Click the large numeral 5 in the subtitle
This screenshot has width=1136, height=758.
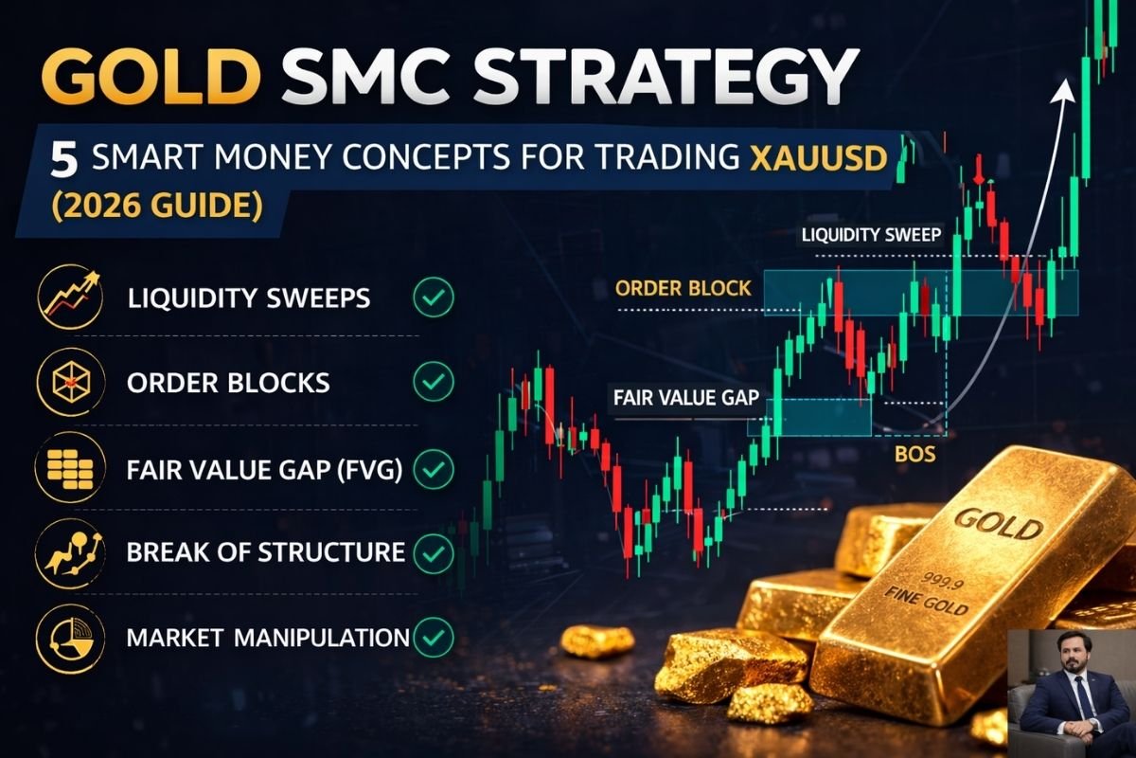63,160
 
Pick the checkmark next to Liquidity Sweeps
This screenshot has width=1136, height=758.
435,298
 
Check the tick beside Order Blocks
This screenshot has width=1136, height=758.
435,383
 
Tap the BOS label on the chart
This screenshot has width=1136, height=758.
914,455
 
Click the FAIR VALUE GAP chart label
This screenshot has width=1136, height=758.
686,398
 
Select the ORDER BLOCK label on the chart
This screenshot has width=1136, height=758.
683,288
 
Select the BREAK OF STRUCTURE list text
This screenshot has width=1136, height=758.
266,551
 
